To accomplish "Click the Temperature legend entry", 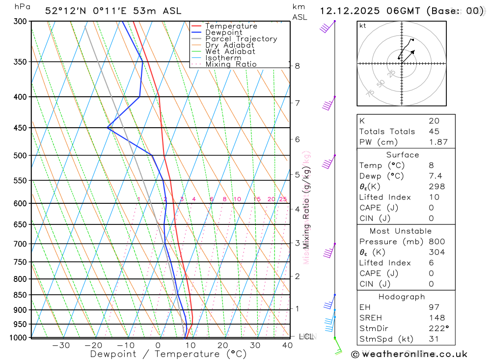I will (231, 26).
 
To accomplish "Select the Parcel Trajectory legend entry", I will (241, 39).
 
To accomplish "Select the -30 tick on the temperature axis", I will (61, 345).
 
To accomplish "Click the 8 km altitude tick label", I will (297, 66).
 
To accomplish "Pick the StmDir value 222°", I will (437, 329).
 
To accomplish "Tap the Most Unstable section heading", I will (406, 231).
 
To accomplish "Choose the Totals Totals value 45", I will (434, 132).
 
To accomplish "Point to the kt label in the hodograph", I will (363, 26).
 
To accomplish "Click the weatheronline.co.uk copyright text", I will (409, 354).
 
